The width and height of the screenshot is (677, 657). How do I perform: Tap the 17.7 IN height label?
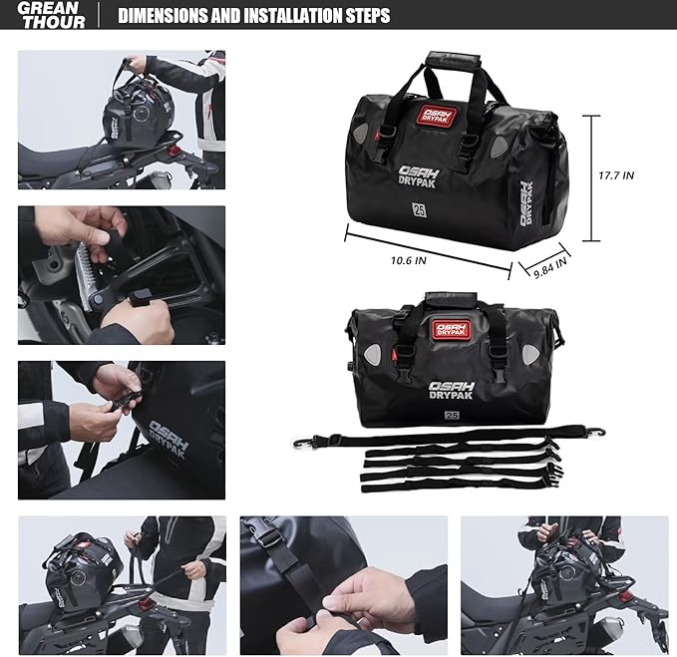point(616,175)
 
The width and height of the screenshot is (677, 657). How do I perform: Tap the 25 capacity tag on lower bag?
point(451,415)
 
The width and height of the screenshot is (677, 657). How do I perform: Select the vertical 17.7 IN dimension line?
point(595,177)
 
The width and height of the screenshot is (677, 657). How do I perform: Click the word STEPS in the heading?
point(362,16)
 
